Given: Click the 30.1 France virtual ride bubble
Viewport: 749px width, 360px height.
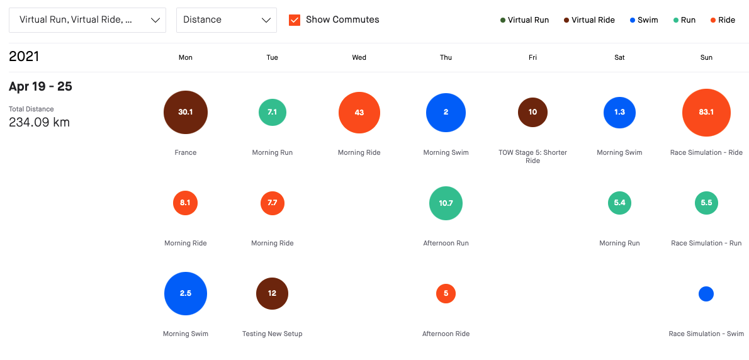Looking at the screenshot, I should pyautogui.click(x=186, y=113).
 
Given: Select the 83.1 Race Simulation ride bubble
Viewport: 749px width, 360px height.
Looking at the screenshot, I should pyautogui.click(x=706, y=113).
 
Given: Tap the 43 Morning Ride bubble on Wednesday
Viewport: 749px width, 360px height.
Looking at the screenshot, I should pyautogui.click(x=359, y=113).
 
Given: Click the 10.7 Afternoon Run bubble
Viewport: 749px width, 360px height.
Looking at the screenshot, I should pyautogui.click(x=446, y=203).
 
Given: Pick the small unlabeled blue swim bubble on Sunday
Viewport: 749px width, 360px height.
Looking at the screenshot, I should pyautogui.click(x=706, y=294).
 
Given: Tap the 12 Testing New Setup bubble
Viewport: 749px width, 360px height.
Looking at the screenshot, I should pyautogui.click(x=272, y=294).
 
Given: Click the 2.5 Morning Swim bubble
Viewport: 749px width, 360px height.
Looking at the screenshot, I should pyautogui.click(x=186, y=294).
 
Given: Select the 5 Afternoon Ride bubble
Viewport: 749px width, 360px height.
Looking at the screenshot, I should pyautogui.click(x=446, y=294).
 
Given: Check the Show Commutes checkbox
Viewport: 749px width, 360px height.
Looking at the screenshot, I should pyautogui.click(x=295, y=20).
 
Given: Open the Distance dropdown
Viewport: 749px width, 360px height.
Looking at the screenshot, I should pyautogui.click(x=227, y=20).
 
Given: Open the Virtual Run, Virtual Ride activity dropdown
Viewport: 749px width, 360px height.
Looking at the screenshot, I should pyautogui.click(x=87, y=20).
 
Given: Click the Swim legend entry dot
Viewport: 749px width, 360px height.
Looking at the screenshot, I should pyautogui.click(x=633, y=20).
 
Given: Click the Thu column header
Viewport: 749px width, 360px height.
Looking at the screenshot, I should pyautogui.click(x=446, y=57).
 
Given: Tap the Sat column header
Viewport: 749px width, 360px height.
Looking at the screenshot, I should pyautogui.click(x=619, y=57).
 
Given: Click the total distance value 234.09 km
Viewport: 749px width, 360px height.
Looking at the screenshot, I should pyautogui.click(x=39, y=122).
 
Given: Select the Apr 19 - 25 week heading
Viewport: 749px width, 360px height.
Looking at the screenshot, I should pyautogui.click(x=40, y=86).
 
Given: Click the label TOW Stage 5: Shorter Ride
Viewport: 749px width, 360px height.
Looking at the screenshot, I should pyautogui.click(x=532, y=156).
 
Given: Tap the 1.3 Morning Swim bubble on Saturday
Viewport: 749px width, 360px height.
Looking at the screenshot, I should pyautogui.click(x=619, y=113).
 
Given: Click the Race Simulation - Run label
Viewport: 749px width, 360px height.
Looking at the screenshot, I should pyautogui.click(x=706, y=243).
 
